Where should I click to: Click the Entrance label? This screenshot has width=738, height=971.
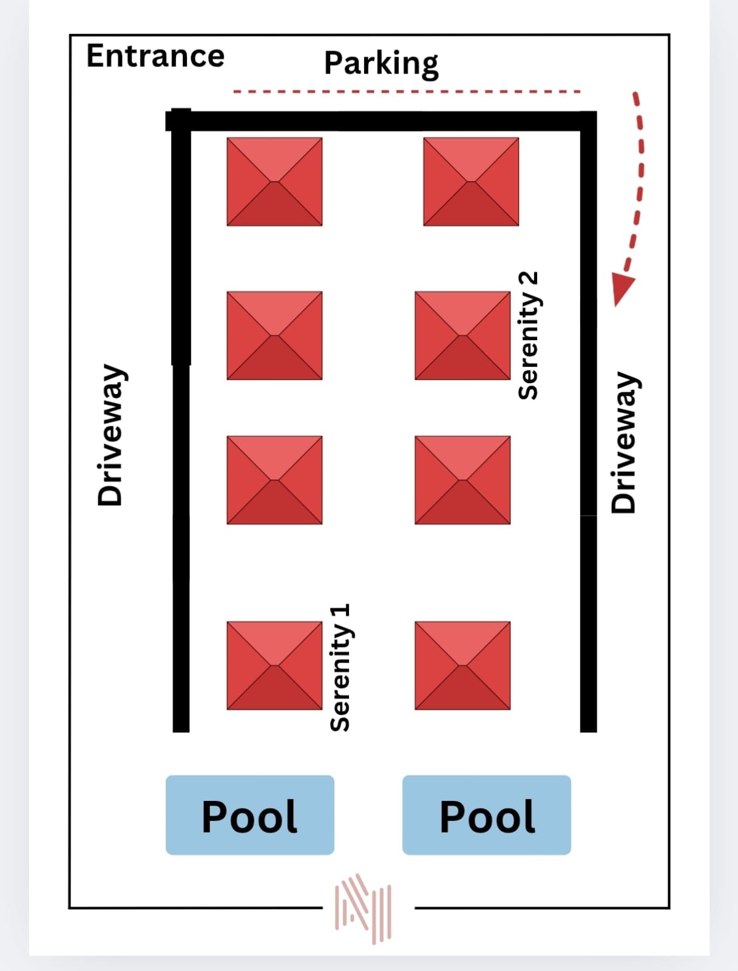coord(155,56)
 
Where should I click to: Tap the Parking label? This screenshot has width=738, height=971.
coord(381,63)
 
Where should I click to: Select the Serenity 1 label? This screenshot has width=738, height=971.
coord(340,667)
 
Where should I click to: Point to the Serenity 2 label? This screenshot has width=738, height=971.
coord(528,335)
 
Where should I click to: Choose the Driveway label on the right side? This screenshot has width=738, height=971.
coord(623,443)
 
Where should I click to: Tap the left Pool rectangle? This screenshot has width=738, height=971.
coord(249,815)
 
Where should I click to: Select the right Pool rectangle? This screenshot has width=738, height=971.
coord(486,815)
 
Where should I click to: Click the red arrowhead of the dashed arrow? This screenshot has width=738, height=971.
coord(621,288)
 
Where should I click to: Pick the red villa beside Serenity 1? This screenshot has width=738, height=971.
coord(274,666)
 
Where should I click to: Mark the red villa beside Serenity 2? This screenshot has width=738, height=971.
coord(462,335)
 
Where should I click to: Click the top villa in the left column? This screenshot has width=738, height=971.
coord(274,182)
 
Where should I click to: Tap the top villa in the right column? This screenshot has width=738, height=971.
coord(471,182)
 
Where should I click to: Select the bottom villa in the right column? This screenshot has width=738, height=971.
coord(462,666)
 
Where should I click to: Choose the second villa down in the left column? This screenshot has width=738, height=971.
coord(274,335)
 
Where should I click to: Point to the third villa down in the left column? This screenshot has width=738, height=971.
coord(274,480)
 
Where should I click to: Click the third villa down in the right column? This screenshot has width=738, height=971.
coord(462,480)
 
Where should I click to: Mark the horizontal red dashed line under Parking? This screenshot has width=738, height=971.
coord(407,92)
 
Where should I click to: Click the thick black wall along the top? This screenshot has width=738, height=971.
coord(382,121)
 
